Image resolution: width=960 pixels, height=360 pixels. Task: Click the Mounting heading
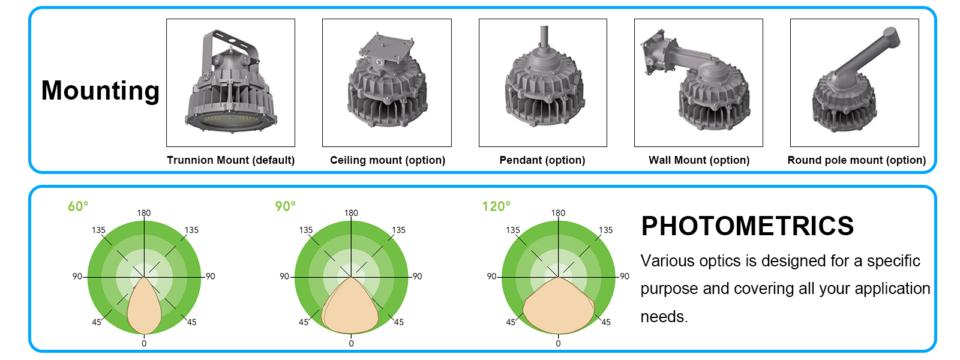pyautogui.click(x=100, y=91)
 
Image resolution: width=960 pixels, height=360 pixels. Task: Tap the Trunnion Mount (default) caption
pyautogui.click(x=230, y=160)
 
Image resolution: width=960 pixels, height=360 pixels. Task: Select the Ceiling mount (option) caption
pyautogui.click(x=388, y=160)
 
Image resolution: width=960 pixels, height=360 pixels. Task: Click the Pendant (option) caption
pyautogui.click(x=542, y=160)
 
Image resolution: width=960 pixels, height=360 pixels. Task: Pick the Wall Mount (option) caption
pyautogui.click(x=699, y=160)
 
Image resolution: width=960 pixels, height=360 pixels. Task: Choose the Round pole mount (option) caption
pyautogui.click(x=856, y=160)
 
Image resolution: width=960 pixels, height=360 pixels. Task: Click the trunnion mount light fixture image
pyautogui.click(x=230, y=84)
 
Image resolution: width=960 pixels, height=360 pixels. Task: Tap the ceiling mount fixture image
pyautogui.click(x=387, y=84)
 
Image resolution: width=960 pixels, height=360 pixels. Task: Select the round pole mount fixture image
pyautogui.click(x=854, y=84)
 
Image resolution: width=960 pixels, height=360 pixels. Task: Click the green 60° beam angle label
pyautogui.click(x=78, y=206)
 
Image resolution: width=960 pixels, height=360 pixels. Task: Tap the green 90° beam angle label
pyautogui.click(x=285, y=206)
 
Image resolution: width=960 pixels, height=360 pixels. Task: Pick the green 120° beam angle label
pyautogui.click(x=496, y=206)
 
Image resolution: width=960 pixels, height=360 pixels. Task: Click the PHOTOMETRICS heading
pyautogui.click(x=747, y=226)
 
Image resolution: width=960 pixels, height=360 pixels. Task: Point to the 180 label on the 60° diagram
pyautogui.click(x=144, y=213)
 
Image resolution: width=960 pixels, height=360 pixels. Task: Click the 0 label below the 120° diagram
pyautogui.click(x=558, y=344)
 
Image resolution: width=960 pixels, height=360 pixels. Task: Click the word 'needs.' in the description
pyautogui.click(x=664, y=317)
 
